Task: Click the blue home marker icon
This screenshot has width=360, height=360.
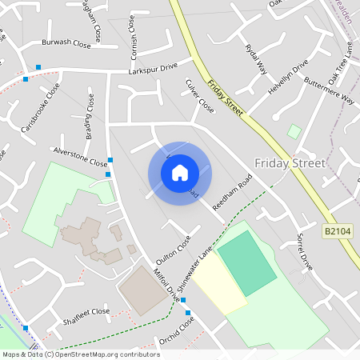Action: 180,172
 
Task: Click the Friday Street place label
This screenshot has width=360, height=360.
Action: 290,163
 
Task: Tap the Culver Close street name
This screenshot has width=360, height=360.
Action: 198,94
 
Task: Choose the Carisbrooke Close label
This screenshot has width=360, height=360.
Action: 40,118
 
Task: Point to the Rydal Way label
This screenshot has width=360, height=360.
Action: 255,58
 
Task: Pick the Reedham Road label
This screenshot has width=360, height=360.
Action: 232,194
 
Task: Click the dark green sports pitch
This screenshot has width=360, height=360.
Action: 245,262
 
